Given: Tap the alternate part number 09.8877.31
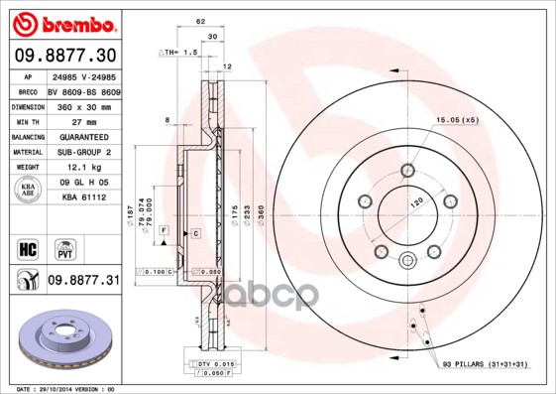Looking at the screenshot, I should click(82, 281).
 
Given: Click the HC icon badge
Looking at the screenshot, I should click(26, 247).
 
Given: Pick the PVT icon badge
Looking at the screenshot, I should click(61, 247).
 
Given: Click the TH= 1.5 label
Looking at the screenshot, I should click(184, 51).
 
